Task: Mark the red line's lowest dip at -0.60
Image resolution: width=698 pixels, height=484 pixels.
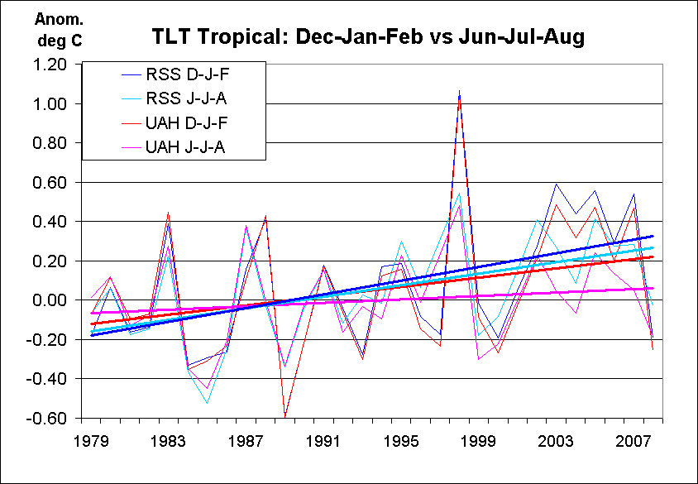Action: [285, 416]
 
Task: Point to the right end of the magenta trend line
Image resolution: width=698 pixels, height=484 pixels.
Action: [653, 288]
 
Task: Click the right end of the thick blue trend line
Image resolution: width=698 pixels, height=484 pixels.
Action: [653, 236]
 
